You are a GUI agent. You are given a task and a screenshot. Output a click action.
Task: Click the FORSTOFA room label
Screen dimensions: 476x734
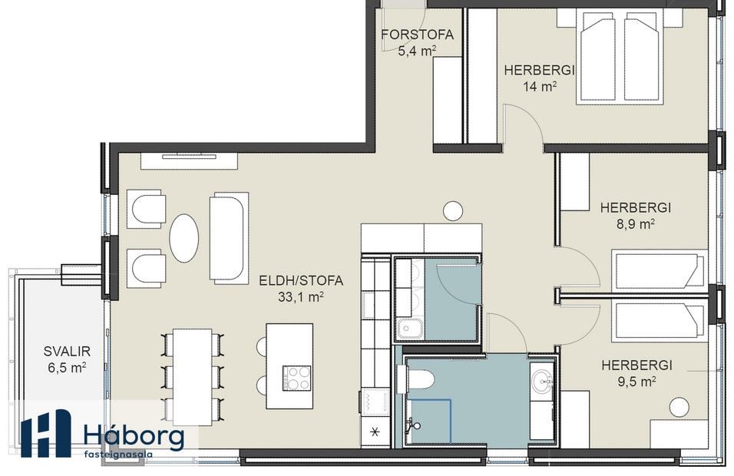(417, 35)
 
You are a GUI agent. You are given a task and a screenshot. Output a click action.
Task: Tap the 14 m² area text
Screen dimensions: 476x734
(540, 87)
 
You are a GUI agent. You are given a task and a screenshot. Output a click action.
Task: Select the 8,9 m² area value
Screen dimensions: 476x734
(636, 224)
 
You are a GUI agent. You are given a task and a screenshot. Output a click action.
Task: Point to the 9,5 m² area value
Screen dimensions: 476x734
(637, 381)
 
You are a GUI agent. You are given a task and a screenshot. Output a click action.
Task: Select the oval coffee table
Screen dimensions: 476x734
(185, 236)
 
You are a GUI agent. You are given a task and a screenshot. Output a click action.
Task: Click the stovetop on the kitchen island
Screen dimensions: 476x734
(297, 378)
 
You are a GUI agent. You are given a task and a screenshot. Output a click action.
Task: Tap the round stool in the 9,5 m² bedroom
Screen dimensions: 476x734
(678, 406)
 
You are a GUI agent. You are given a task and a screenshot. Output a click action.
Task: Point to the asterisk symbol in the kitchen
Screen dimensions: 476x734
(375, 432)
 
